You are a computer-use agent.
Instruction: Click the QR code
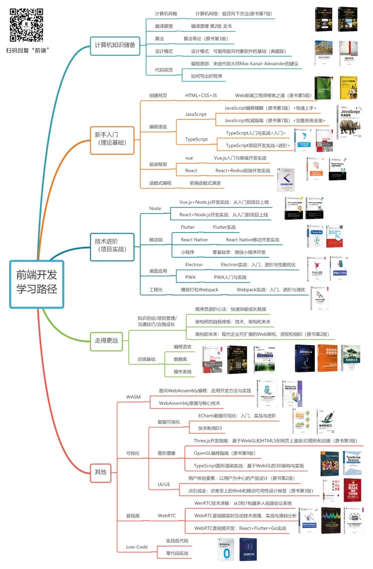[26, 25]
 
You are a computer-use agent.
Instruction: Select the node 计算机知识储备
[115, 46]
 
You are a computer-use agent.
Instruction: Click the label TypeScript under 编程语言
[196, 139]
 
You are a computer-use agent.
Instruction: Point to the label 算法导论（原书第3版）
[205, 39]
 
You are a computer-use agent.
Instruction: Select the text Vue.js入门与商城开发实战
[240, 158]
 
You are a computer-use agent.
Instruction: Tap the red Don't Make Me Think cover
[353, 490]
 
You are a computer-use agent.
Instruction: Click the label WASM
[133, 397]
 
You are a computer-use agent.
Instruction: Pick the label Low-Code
[137, 547]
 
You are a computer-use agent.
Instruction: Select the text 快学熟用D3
[210, 428]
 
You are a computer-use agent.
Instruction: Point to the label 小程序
[188, 252]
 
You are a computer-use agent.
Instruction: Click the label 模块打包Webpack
[199, 290]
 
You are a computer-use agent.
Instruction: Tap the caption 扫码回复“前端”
[28, 50]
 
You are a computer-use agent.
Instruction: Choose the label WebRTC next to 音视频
[167, 516]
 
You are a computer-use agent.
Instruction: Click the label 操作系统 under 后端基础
[182, 372]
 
